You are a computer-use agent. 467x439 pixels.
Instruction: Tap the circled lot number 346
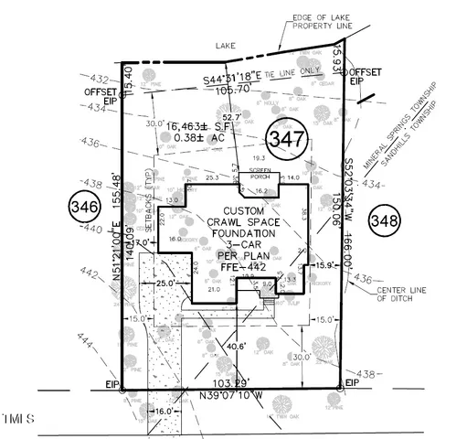tap(83, 209)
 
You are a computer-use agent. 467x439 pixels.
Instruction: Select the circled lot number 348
tap(387, 219)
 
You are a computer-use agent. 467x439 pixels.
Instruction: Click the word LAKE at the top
tap(225, 43)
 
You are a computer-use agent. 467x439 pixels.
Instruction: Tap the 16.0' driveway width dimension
tap(165, 412)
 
